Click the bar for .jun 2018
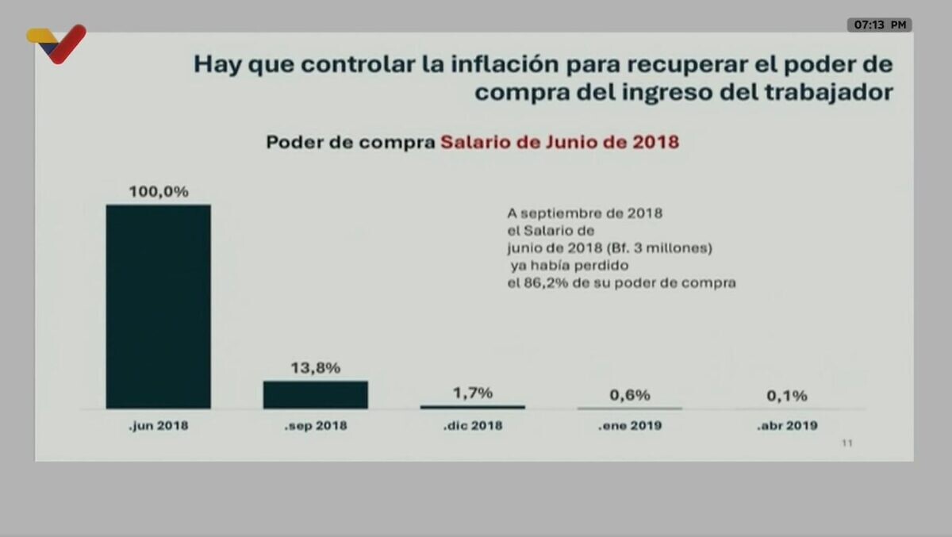point(159,306)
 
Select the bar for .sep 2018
point(315,394)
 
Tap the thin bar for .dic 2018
point(472,407)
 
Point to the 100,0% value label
point(159,191)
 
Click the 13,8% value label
point(315,368)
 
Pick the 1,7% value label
point(472,393)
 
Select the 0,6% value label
point(630,394)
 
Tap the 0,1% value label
point(786,395)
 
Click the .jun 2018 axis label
point(159,426)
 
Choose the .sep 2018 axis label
point(315,426)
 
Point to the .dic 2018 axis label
point(472,426)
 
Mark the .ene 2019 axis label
point(630,426)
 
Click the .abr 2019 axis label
point(786,426)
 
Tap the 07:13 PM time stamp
point(879,25)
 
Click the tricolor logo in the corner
point(56,44)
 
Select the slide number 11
point(846,443)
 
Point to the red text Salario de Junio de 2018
point(559,143)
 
